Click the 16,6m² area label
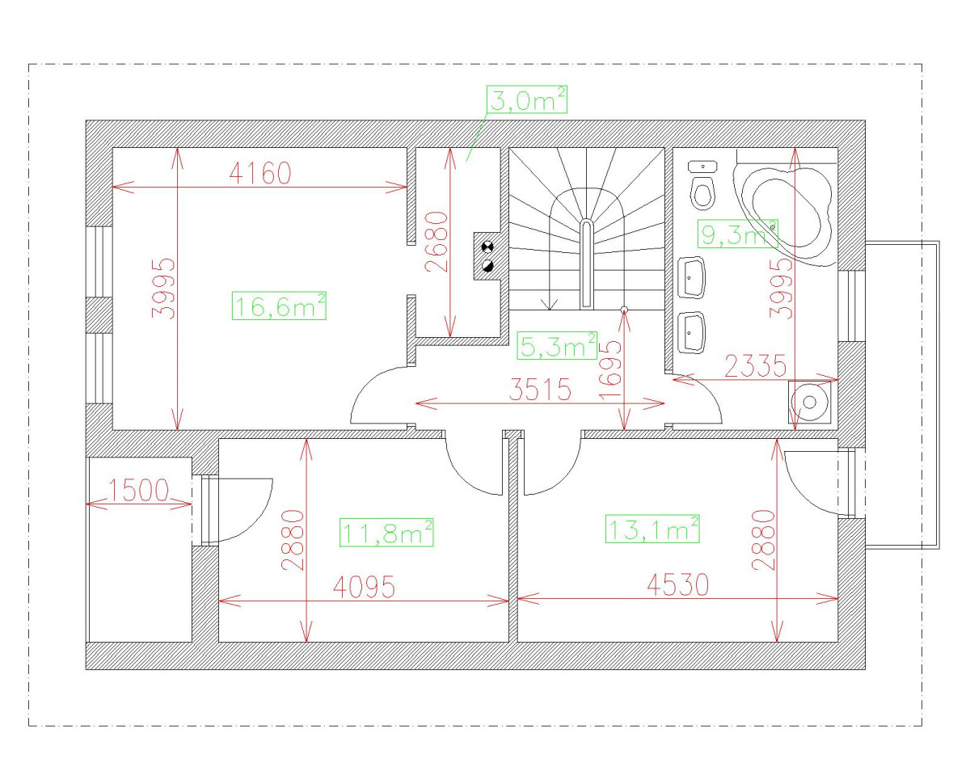[x=279, y=306]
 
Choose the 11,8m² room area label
[x=386, y=532]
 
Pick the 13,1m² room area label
[x=652, y=529]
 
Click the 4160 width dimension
[x=259, y=173]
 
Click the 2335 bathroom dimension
[x=755, y=366]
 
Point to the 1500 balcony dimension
[x=138, y=491]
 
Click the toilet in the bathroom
[x=703, y=187]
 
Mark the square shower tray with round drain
[x=809, y=403]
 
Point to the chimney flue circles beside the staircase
[x=487, y=256]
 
